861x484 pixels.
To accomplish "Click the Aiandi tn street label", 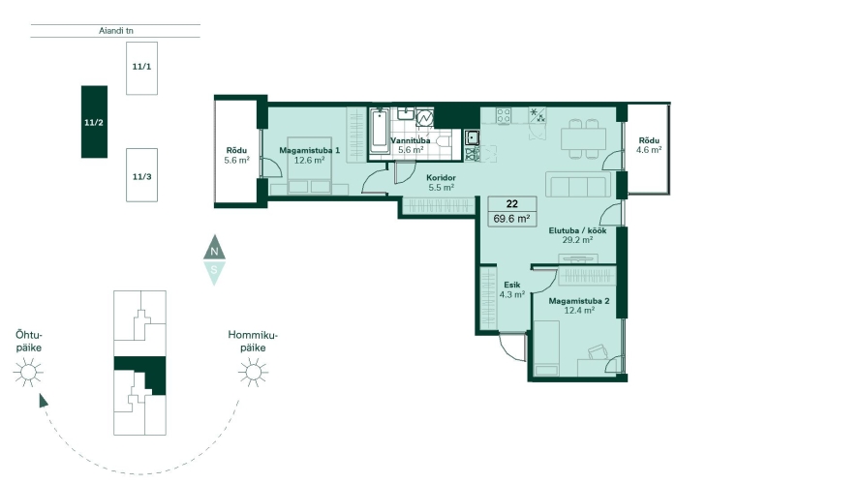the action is [x=116, y=31].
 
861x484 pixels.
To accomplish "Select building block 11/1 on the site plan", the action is [x=141, y=68].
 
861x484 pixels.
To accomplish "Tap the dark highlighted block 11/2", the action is [x=95, y=122].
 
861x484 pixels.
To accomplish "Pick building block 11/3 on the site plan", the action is [x=141, y=175].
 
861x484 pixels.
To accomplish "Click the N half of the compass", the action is [x=214, y=249].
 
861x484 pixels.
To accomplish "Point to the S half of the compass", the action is [x=214, y=272].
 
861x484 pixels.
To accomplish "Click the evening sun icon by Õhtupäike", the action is [x=28, y=373].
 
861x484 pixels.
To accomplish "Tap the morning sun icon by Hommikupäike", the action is [x=253, y=373].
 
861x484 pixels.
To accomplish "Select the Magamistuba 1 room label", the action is [x=309, y=150].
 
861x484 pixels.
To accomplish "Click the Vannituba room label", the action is [x=411, y=140].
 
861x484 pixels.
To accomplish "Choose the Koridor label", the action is [x=441, y=178].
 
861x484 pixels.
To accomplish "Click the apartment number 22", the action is [x=511, y=203].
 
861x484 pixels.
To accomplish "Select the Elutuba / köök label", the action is [x=577, y=230].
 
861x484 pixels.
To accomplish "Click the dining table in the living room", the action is [x=584, y=138].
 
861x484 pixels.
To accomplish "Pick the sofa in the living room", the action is [x=578, y=184].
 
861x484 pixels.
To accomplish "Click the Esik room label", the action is [x=511, y=285].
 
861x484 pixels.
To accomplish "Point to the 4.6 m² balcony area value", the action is [x=649, y=150].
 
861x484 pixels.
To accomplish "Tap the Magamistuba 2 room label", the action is [x=579, y=301].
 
